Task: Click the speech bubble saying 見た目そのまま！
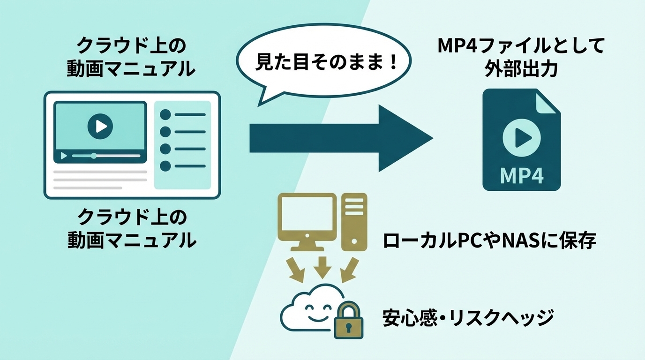pos(324,63)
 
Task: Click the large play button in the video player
pos(100,126)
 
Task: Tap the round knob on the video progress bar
pos(94,156)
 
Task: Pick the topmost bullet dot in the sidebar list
pos(165,115)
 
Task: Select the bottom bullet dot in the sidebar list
pos(165,166)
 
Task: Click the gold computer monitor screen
pos(307,214)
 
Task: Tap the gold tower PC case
pos(354,220)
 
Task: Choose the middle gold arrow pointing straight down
pos(322,266)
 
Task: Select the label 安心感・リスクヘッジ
pos(468,318)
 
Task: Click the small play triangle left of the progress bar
pos(64,156)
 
